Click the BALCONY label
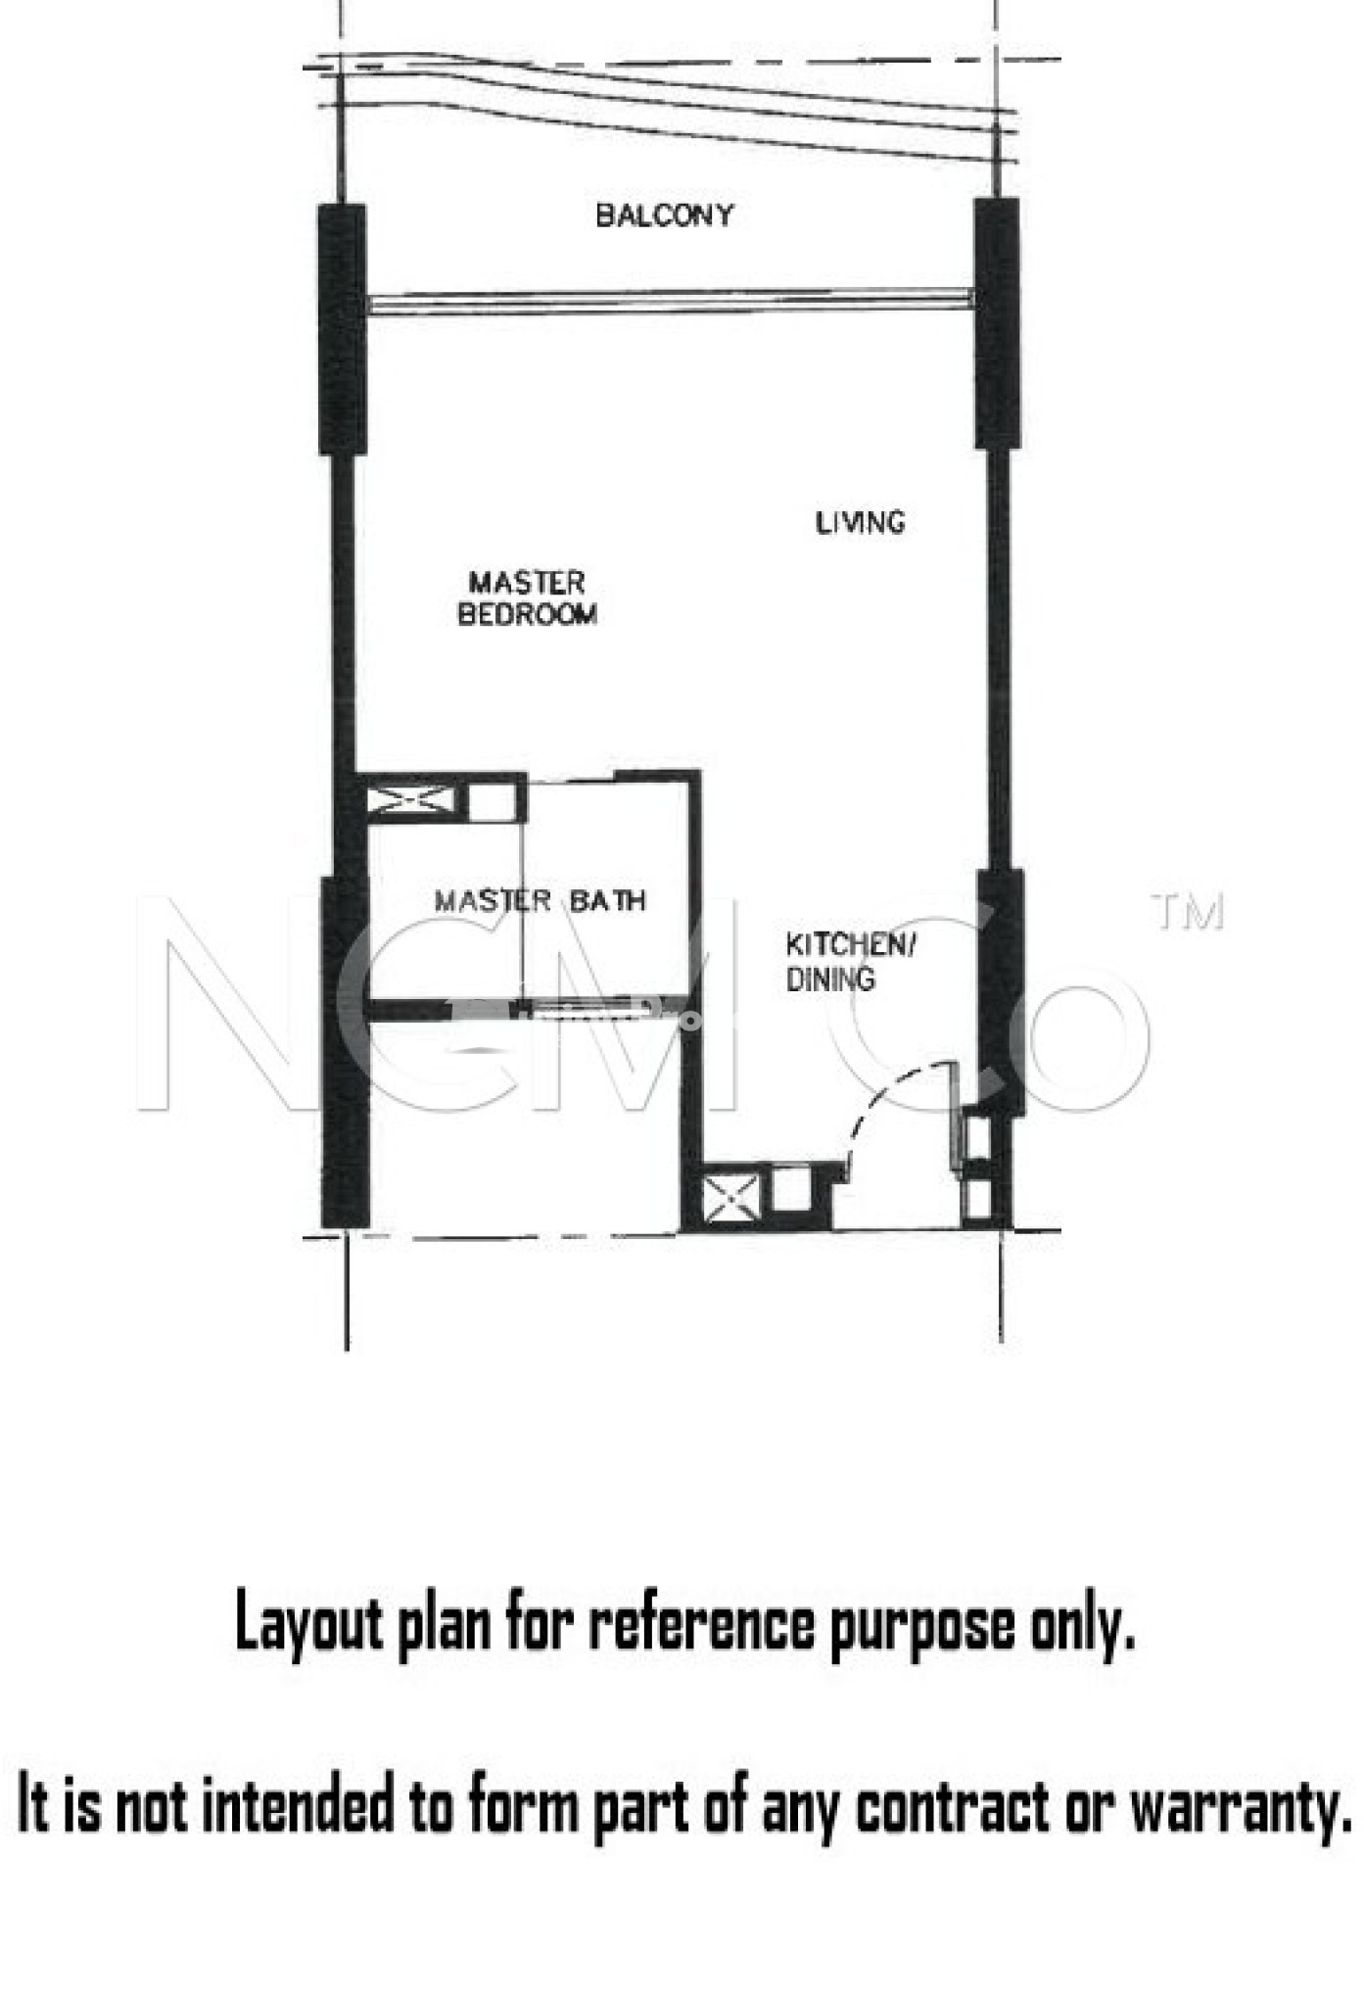tap(664, 215)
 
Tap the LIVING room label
tap(860, 522)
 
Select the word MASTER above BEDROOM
tap(527, 583)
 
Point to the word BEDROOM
tap(527, 614)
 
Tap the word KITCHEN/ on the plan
tap(850, 945)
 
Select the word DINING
tap(830, 979)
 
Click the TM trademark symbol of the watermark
tap(1188, 912)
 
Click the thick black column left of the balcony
tap(342, 328)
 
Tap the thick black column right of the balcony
tap(997, 323)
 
